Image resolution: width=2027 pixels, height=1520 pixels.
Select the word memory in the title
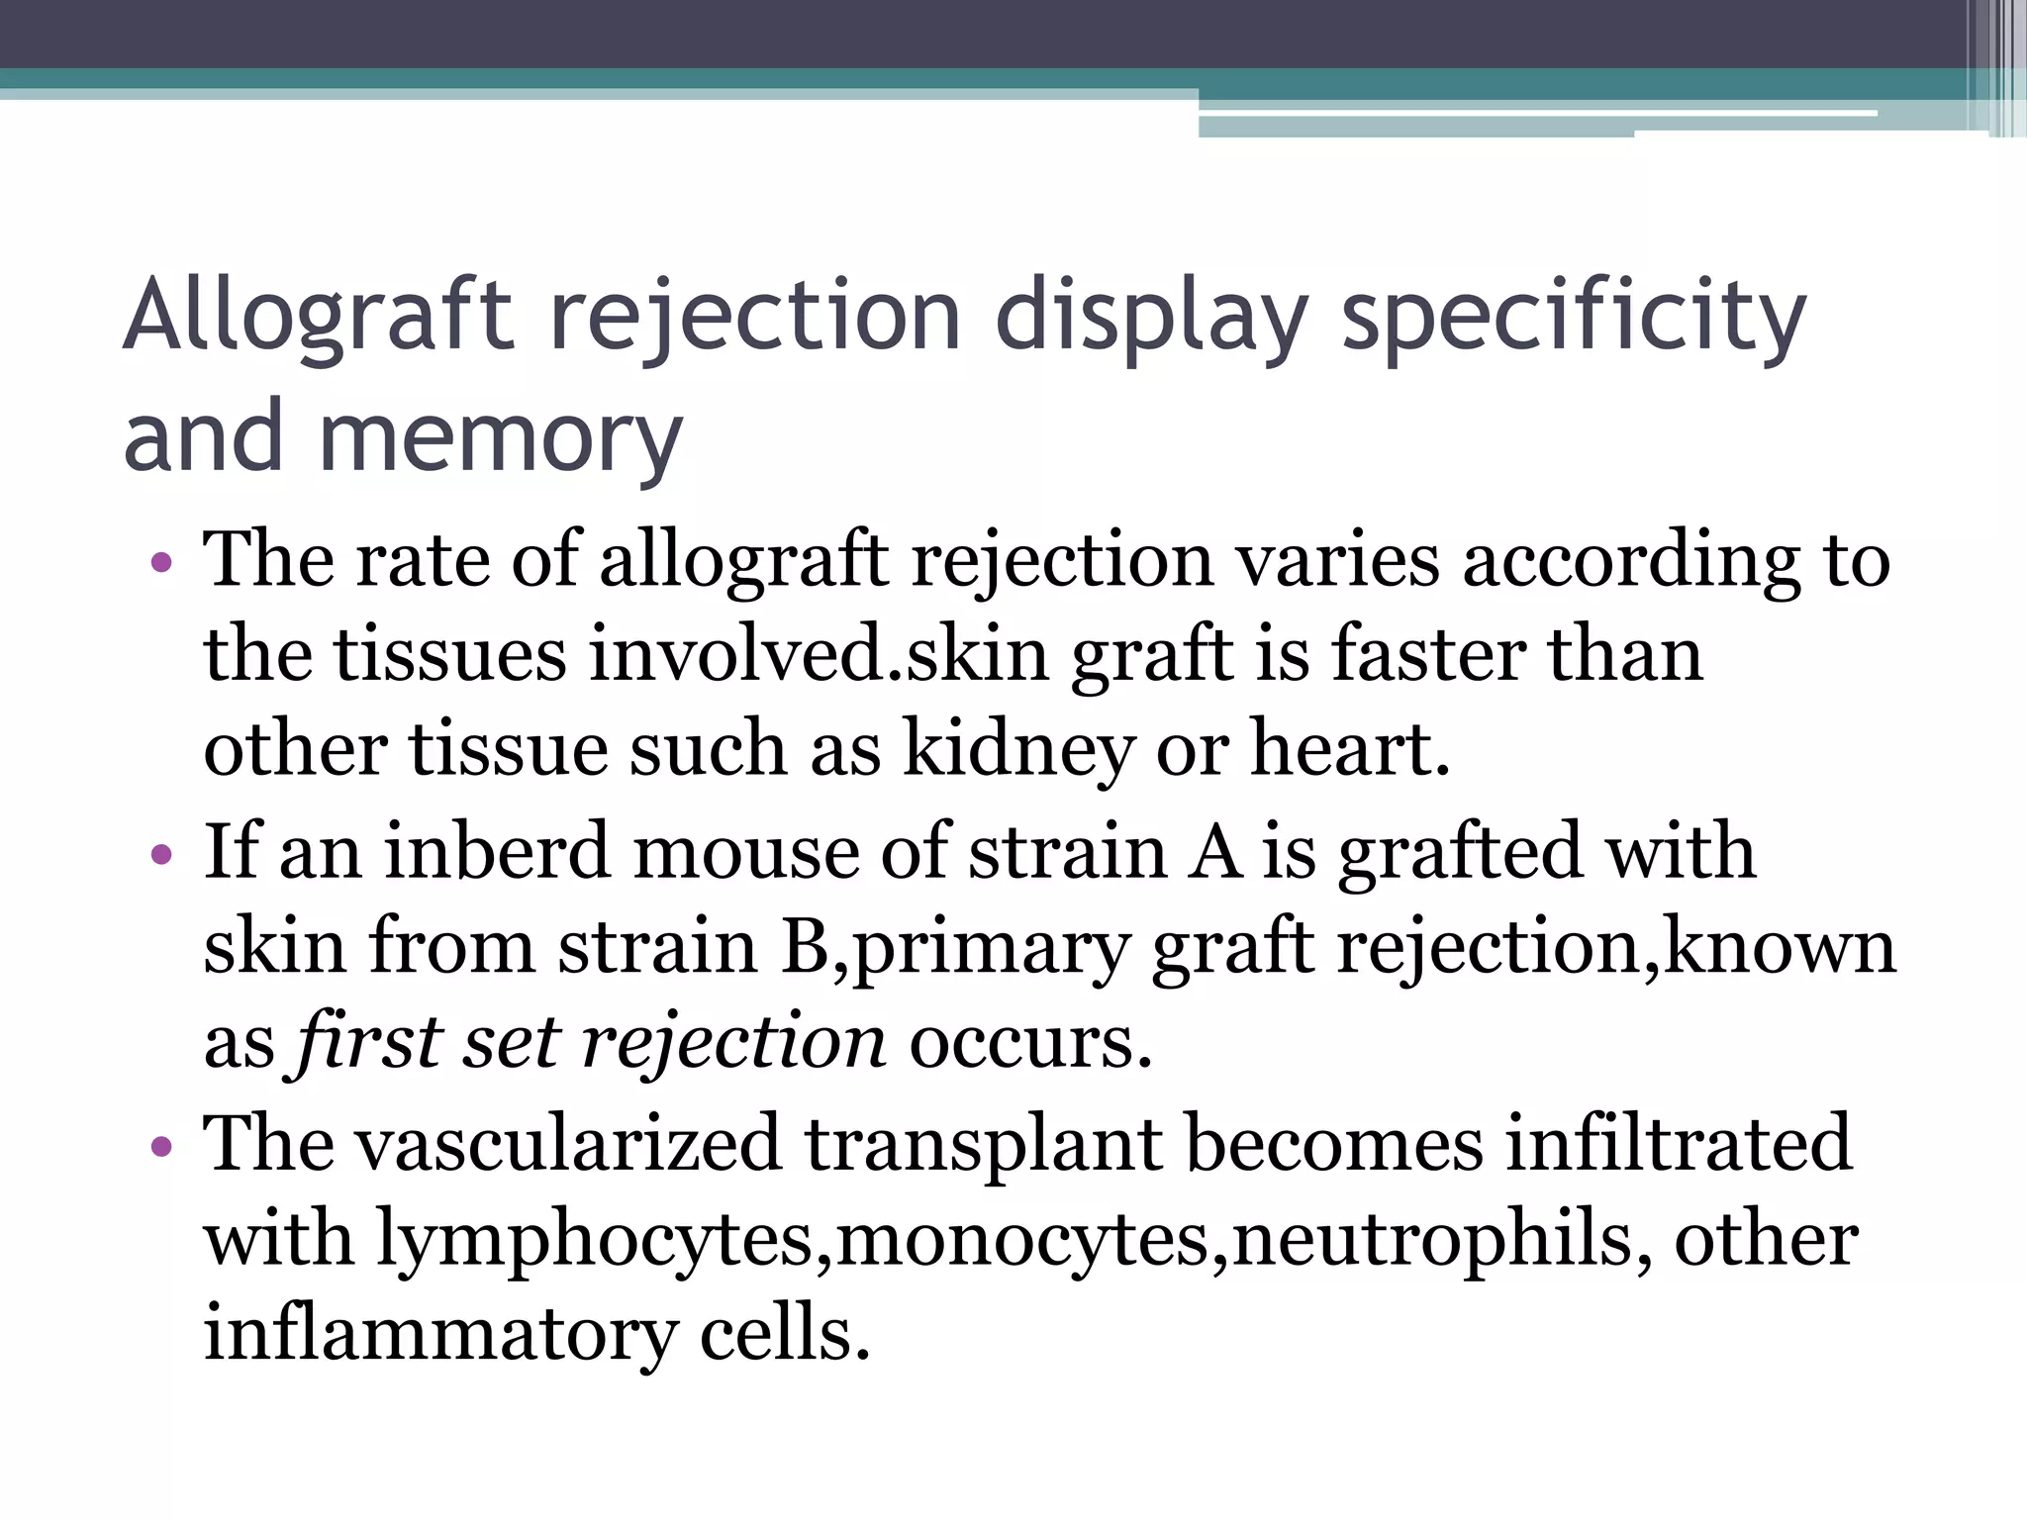501,435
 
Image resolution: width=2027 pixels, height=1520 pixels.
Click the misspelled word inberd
496,852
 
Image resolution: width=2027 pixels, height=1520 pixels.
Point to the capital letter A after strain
1214,852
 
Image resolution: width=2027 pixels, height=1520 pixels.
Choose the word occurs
1030,1042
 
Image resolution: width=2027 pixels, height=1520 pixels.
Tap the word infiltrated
1677,1144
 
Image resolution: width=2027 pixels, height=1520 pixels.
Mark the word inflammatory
439,1333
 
